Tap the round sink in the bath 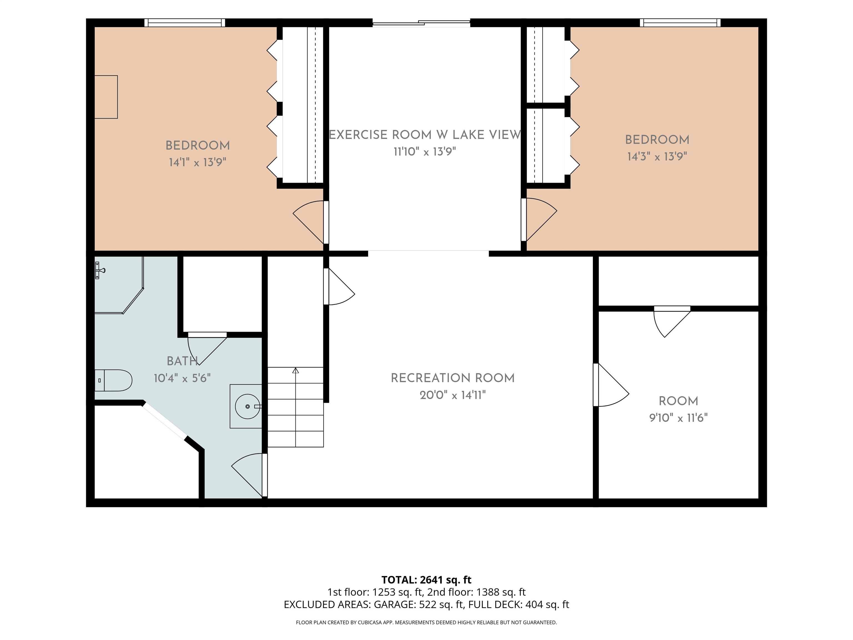pos(248,406)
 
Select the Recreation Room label pos(453,378)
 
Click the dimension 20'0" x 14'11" pos(453,395)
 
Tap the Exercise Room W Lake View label pos(425,135)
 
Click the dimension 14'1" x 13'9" pos(197,162)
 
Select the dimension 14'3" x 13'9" pos(657,156)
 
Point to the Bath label pos(182,361)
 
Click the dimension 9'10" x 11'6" pos(678,418)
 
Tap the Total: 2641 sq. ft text pos(426,580)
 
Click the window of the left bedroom pos(185,23)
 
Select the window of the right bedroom pos(680,23)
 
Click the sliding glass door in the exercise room pos(422,23)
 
